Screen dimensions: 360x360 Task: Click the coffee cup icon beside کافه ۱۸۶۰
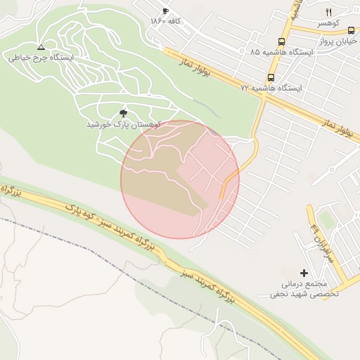pos(165,11)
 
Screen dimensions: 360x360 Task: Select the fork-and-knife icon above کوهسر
pos(328,12)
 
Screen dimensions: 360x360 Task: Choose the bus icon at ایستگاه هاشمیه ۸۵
pos(282,41)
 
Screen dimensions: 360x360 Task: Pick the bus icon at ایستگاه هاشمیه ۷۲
pos(271,77)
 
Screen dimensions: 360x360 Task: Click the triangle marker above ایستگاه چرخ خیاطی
pos(41,47)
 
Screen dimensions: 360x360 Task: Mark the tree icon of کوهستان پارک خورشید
pos(124,112)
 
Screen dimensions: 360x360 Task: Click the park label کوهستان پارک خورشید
pos(124,124)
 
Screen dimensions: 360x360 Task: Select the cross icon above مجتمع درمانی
pos(304,272)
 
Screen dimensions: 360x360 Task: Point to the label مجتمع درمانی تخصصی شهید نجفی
pos(304,288)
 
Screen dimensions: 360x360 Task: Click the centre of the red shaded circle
pos(180,180)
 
